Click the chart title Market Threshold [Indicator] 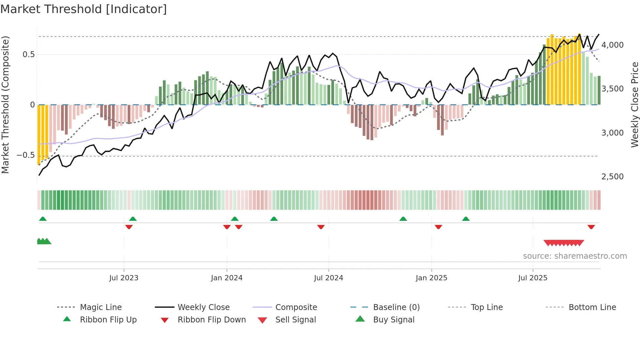tap(84, 9)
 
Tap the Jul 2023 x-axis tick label tap(124, 278)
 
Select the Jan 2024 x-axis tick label tap(227, 278)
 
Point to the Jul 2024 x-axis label tap(328, 278)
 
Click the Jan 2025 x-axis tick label tap(431, 278)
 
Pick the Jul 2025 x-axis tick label tap(533, 278)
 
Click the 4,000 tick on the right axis tap(612, 45)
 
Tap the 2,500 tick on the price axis tap(612, 177)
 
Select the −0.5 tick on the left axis tap(25, 155)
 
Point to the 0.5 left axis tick tap(28, 55)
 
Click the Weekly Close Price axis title tap(634, 105)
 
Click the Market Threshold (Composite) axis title tap(5, 105)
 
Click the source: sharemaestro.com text tap(575, 256)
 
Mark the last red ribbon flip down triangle tap(591, 227)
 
